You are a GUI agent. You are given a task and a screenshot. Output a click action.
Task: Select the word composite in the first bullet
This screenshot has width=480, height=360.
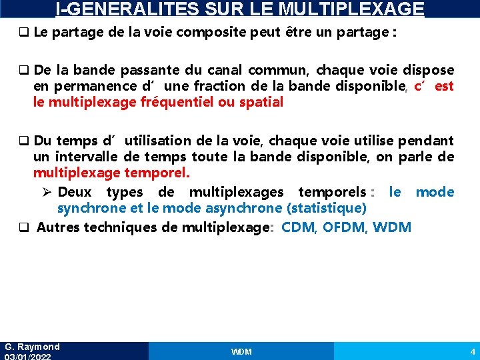pyautogui.click(x=230, y=33)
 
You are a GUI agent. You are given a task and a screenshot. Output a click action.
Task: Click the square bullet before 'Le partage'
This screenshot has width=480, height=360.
pyautogui.click(x=23, y=33)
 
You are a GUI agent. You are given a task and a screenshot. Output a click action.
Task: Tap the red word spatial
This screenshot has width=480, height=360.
pyautogui.click(x=259, y=102)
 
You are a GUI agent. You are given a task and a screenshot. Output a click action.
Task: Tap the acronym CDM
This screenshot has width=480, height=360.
pyautogui.click(x=299, y=227)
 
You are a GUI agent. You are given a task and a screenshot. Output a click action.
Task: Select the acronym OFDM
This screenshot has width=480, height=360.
pyautogui.click(x=345, y=227)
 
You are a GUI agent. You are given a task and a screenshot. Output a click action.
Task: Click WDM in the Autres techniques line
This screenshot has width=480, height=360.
pyautogui.click(x=392, y=227)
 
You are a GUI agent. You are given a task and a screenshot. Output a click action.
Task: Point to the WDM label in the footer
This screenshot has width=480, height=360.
pyautogui.click(x=241, y=351)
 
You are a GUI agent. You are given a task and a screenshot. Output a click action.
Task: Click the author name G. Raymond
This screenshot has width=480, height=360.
pyautogui.click(x=32, y=347)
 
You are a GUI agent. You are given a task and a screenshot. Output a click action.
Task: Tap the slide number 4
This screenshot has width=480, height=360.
pyautogui.click(x=472, y=351)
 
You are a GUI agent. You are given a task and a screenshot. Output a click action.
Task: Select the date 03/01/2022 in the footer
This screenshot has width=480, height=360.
pyautogui.click(x=28, y=357)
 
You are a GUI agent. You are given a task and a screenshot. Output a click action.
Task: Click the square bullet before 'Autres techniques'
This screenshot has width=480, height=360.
pyautogui.click(x=23, y=228)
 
